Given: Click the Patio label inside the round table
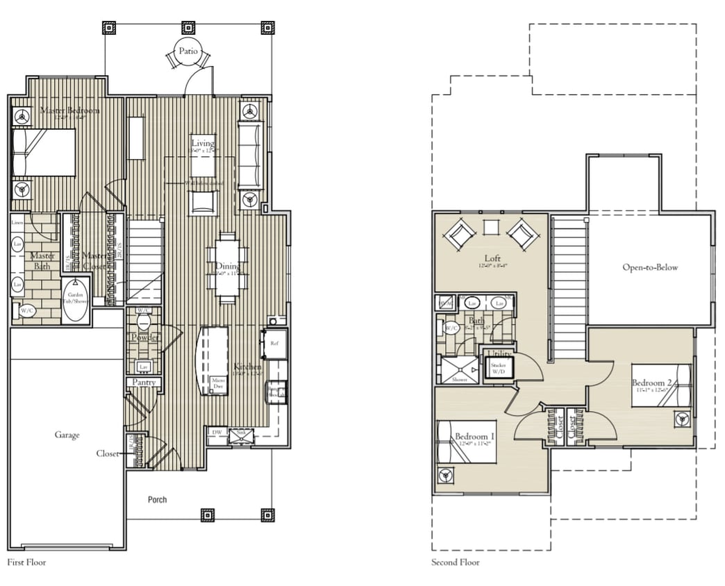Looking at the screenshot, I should tap(188, 51).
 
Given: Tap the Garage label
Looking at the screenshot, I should tap(67, 435).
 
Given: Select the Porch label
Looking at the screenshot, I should tap(158, 499).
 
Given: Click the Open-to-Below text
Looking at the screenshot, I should tap(650, 267).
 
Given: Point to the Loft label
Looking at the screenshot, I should tap(492, 258).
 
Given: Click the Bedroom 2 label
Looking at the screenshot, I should tap(650, 383).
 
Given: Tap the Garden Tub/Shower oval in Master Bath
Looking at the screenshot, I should tap(76, 300).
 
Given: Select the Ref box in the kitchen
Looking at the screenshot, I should tap(274, 344).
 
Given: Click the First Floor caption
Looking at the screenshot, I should tap(26, 562).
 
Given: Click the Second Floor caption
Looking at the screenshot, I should tap(455, 562).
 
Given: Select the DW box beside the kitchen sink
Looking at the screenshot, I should tap(216, 432).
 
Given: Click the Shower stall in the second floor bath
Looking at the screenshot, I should tap(458, 369).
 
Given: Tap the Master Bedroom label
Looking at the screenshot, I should tap(69, 110).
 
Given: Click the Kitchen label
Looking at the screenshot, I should tap(247, 367).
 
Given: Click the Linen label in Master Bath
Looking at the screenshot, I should tap(17, 223).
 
